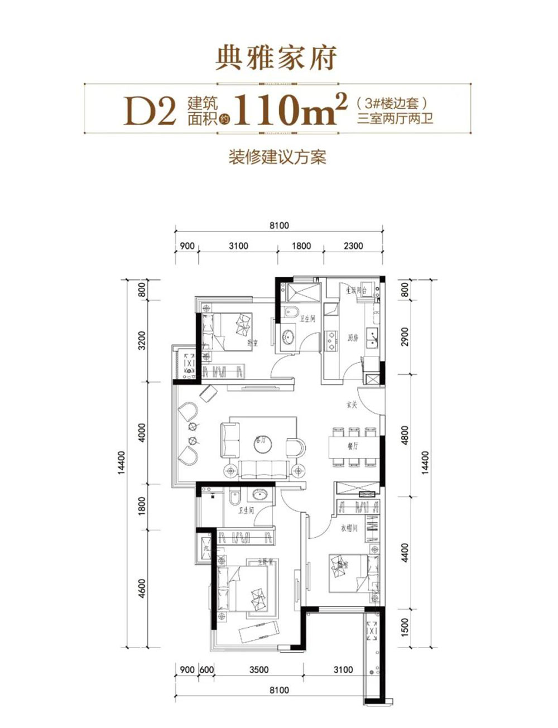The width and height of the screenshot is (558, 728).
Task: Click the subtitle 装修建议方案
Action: point(277,157)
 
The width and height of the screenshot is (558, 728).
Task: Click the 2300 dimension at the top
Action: point(353,245)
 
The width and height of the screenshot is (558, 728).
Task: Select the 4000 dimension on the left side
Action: point(143,433)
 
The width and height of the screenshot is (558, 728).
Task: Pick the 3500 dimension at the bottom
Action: point(258,669)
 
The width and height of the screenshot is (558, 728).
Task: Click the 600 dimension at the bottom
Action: point(206,669)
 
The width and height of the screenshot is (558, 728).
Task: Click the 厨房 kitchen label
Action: point(352,339)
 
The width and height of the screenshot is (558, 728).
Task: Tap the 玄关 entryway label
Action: point(351,406)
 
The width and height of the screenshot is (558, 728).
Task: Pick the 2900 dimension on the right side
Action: point(406,337)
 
